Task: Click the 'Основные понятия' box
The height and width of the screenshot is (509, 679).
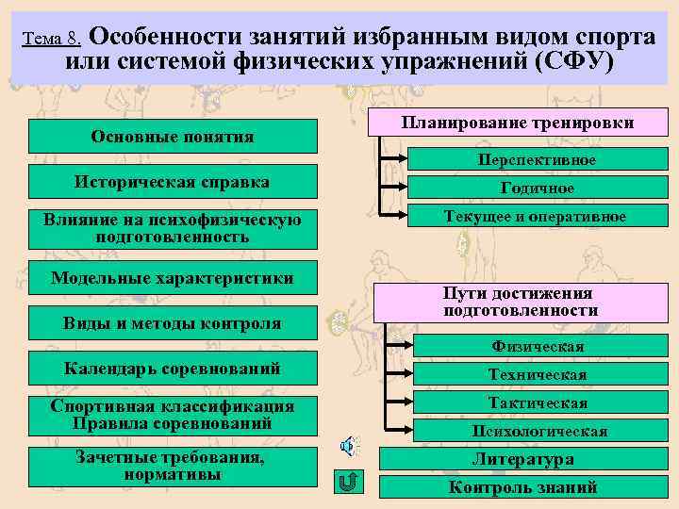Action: (x=173, y=137)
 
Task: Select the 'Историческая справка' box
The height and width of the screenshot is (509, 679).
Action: (x=173, y=182)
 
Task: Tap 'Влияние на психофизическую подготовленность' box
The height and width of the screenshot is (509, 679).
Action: (x=173, y=228)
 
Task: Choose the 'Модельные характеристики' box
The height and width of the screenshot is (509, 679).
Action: (x=173, y=278)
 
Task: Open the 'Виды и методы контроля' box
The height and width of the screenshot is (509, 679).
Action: (x=173, y=323)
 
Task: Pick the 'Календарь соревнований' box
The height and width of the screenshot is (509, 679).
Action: (x=173, y=369)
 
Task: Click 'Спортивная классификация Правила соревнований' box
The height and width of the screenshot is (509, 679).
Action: (x=173, y=415)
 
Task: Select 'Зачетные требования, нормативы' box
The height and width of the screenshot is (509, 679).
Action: (x=173, y=466)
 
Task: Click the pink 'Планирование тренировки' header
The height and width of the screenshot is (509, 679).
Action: (x=517, y=123)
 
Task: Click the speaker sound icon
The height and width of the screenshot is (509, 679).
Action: (x=348, y=445)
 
